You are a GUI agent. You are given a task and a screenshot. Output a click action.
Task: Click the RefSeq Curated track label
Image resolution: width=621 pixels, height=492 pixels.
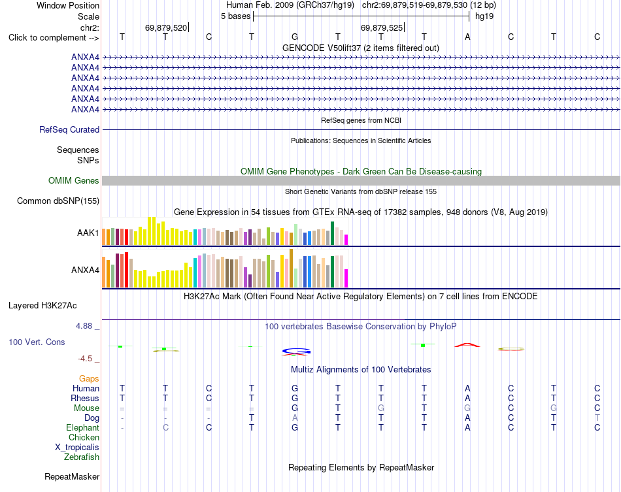pyautogui.click(x=69, y=129)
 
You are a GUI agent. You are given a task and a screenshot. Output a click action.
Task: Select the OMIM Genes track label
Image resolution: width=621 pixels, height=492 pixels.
pyautogui.click(x=74, y=180)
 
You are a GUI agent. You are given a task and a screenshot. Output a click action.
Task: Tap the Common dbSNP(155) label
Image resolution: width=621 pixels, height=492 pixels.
pyautogui.click(x=58, y=201)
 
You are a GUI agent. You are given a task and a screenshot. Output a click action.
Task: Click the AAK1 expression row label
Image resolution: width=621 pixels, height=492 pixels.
pyautogui.click(x=88, y=233)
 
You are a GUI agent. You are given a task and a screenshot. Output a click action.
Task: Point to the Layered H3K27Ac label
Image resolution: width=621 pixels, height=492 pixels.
pyautogui.click(x=42, y=305)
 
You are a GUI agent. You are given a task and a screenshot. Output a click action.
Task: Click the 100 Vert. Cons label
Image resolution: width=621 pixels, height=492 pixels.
pyautogui.click(x=37, y=342)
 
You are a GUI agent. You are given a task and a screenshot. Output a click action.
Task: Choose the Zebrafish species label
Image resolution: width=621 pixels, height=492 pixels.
pyautogui.click(x=82, y=457)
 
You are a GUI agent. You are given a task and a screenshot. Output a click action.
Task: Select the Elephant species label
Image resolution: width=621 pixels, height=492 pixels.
pyautogui.click(x=82, y=427)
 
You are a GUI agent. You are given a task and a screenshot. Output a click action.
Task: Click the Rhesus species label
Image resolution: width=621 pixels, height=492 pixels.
pyautogui.click(x=85, y=398)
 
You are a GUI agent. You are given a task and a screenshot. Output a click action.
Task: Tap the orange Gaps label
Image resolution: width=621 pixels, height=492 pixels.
pyautogui.click(x=89, y=378)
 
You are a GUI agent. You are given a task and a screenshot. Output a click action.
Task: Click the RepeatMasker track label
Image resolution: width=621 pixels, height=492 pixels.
pyautogui.click(x=72, y=476)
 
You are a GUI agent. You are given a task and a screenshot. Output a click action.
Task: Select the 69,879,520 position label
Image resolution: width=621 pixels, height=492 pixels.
pyautogui.click(x=166, y=27)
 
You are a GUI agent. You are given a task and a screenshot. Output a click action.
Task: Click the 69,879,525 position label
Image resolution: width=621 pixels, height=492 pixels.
pyautogui.click(x=382, y=27)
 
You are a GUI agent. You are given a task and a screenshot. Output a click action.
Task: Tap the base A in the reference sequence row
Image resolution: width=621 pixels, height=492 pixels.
pyautogui.click(x=467, y=37)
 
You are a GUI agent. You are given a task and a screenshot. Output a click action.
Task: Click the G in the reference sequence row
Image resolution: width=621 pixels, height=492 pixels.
pyautogui.click(x=295, y=37)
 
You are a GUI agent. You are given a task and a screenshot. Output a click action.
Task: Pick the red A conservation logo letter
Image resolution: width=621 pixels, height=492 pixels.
pyautogui.click(x=467, y=345)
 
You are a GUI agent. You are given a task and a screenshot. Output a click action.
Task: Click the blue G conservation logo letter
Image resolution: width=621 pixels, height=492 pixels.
pyautogui.click(x=296, y=351)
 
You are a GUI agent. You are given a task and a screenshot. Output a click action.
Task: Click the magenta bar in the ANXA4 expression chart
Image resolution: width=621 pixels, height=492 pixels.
pyautogui.click(x=346, y=278)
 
